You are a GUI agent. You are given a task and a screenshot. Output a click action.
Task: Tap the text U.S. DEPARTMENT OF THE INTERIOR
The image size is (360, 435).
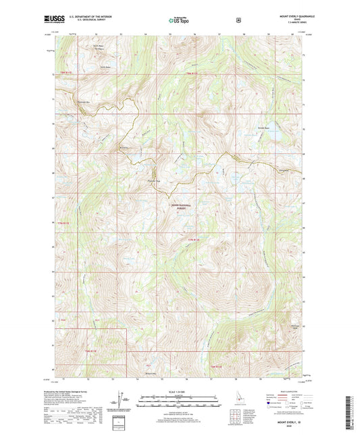(x=90, y=18)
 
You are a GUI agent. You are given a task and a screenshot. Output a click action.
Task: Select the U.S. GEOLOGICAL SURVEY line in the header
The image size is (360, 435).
(x=89, y=22)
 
